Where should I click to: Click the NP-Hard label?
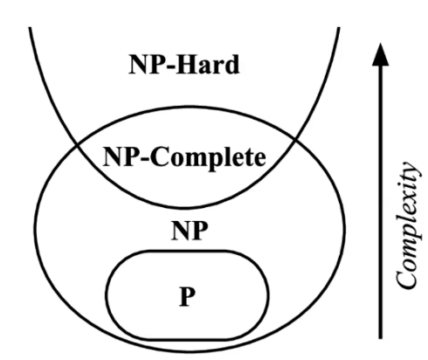pos(183,64)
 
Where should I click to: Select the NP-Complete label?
pos(184,157)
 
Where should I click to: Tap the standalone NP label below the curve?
pos(190,230)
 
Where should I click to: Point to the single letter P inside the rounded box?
pos(187,296)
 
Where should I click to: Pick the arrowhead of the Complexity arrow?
pos(380,54)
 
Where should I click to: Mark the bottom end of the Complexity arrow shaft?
pos(380,338)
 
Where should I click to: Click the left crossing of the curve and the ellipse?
pos(77,144)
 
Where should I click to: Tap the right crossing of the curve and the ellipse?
pos(295,140)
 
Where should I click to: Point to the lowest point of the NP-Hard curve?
pos(182,208)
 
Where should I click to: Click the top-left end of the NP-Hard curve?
pos(30,28)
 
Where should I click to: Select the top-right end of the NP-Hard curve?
pos(339,28)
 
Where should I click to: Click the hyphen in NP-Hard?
pos(171,66)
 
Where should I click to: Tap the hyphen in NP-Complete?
pos(144,159)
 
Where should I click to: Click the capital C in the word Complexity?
pos(406,278)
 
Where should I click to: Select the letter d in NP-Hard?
pos(232,64)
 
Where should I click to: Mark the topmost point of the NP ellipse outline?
pos(190,107)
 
